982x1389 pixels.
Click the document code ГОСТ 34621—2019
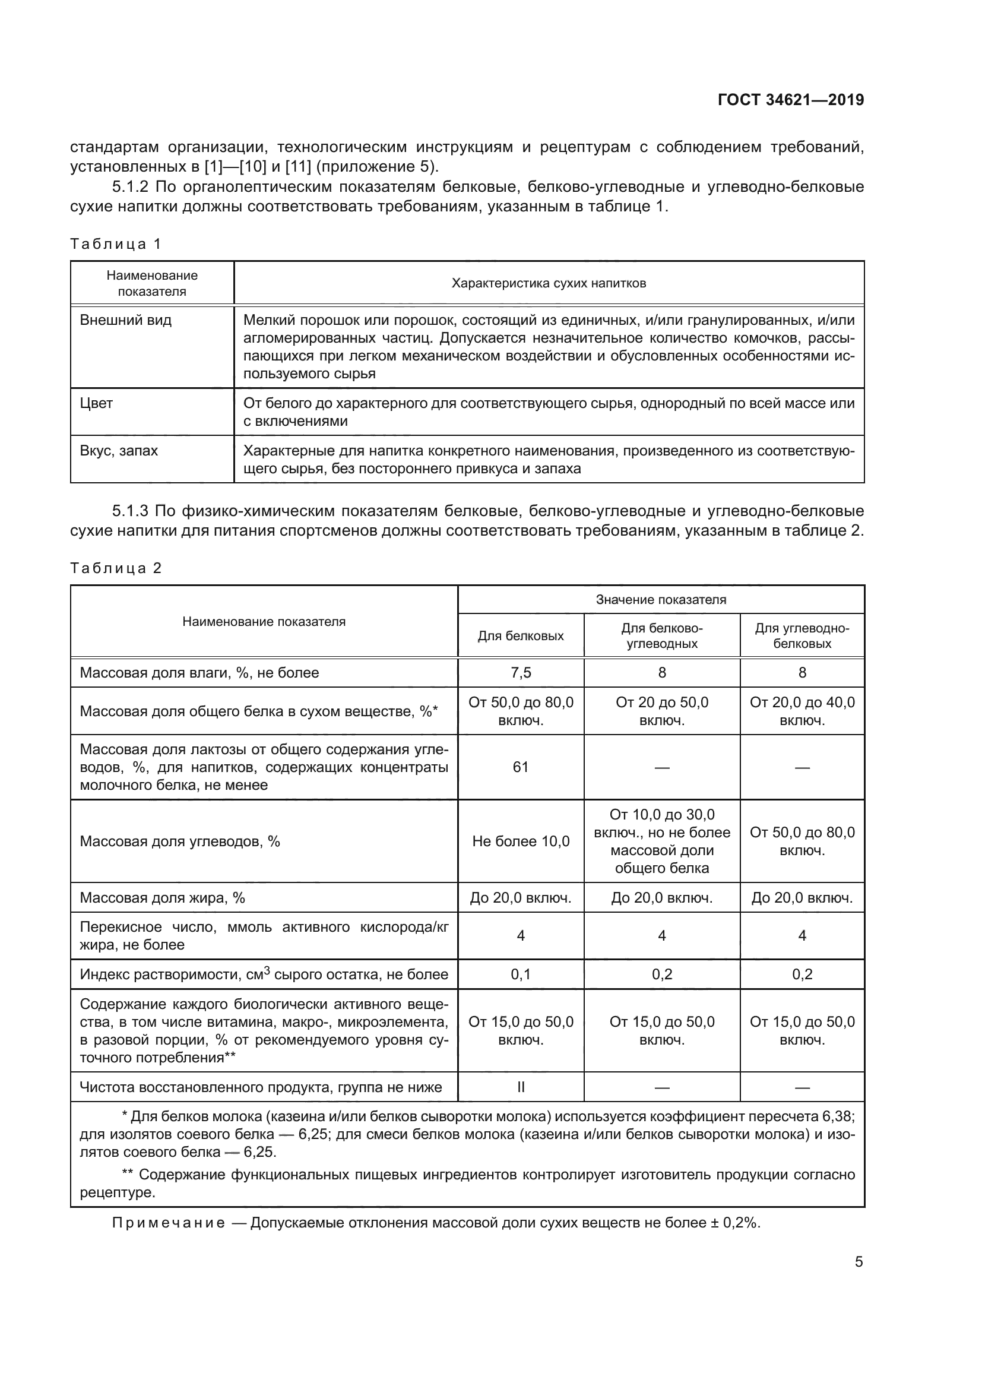click(790, 100)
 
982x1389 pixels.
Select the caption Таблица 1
click(116, 245)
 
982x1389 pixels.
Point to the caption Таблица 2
click(116, 569)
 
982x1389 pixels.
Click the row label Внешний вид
click(126, 320)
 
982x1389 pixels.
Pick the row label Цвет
click(96, 403)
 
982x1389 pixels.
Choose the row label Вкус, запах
click(119, 451)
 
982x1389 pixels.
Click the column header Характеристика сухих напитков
click(549, 283)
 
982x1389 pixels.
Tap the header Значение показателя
click(660, 600)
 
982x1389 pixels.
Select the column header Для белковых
click(521, 636)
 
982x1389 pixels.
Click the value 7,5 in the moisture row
click(521, 673)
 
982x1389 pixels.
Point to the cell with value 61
click(521, 767)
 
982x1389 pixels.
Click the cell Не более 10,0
click(521, 841)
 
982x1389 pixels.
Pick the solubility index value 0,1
click(521, 974)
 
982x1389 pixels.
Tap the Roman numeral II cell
click(521, 1088)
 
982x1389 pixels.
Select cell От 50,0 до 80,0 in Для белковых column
click(521, 711)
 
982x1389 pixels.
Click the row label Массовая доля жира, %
click(162, 898)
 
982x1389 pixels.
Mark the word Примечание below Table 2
click(169, 1223)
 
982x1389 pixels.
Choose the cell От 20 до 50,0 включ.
click(661, 711)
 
